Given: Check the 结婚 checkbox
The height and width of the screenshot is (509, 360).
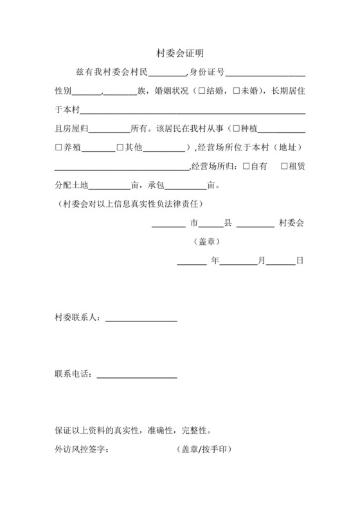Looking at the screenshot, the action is coord(203,91).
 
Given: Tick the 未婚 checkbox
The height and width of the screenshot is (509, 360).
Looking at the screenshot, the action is coord(237,91).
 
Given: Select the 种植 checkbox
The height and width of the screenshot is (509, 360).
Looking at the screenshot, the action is coord(236,129).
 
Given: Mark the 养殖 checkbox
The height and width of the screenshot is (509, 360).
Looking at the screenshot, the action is coord(59,147).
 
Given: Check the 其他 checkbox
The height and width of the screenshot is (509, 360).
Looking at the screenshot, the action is coord(120,147).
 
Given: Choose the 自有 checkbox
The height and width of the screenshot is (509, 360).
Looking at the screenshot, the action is coord(247,166).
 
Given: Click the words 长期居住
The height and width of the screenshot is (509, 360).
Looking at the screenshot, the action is coord(288,91).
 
